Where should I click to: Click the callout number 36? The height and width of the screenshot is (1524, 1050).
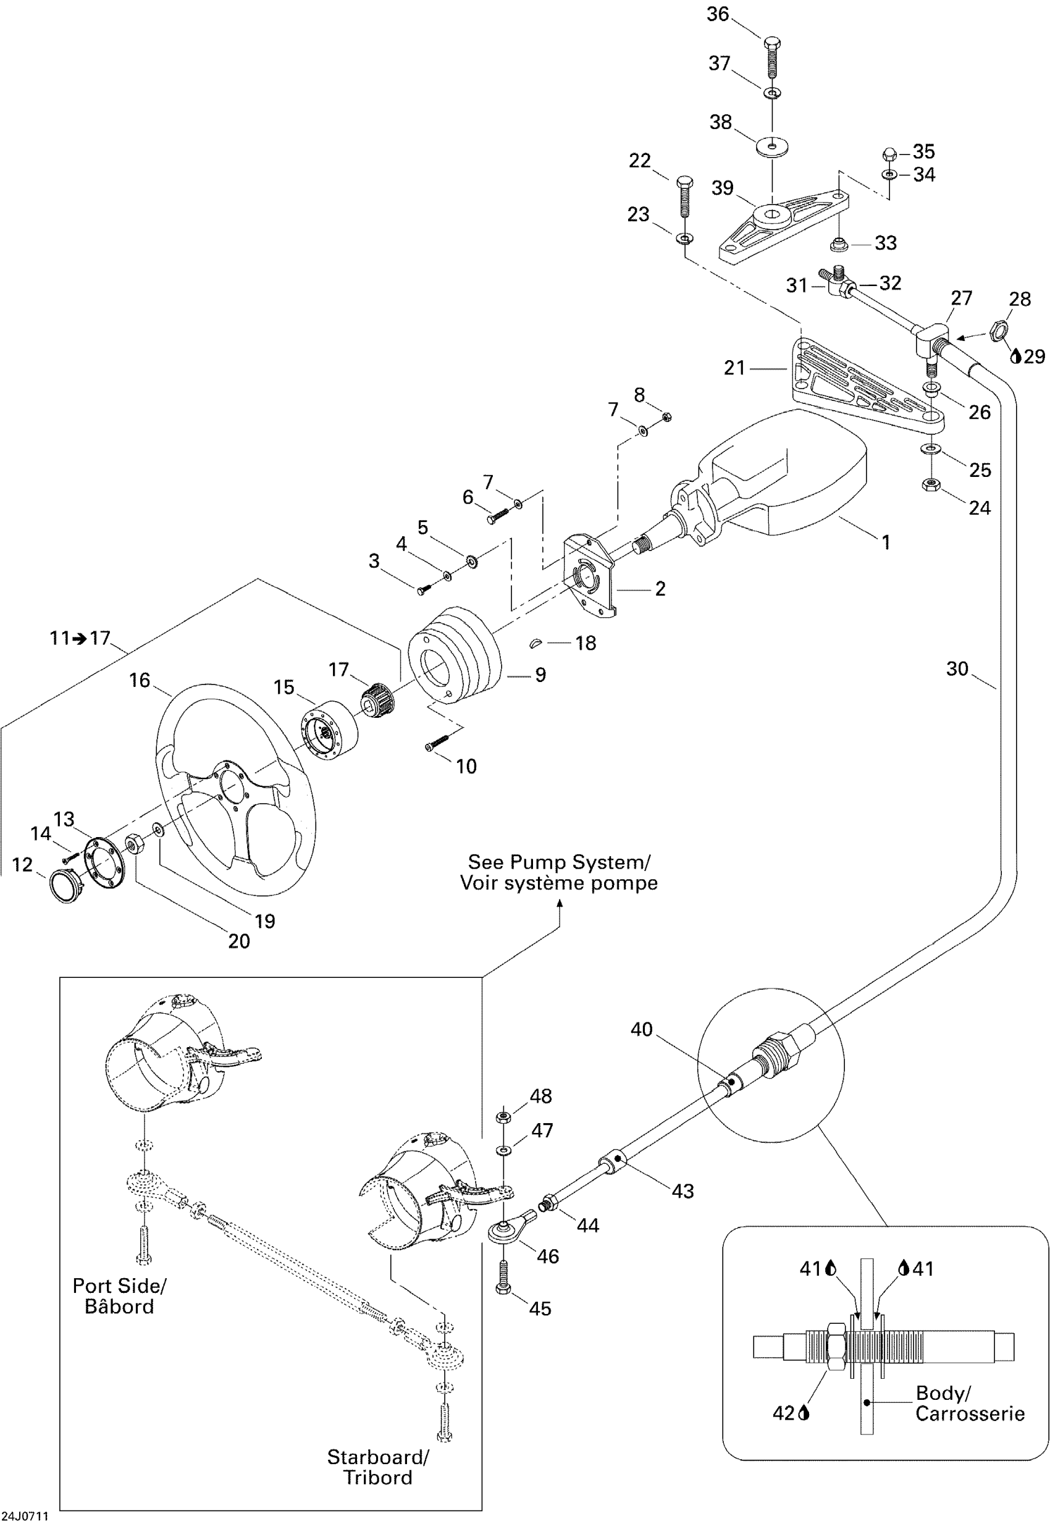[x=718, y=14]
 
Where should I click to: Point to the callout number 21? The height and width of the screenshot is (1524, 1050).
[x=734, y=367]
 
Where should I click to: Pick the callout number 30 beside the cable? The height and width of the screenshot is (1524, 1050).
[x=957, y=668]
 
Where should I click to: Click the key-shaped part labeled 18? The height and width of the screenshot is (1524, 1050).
[x=537, y=642]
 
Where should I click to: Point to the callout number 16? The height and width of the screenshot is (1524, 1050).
[x=140, y=680]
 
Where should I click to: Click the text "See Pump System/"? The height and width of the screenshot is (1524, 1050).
[x=558, y=862]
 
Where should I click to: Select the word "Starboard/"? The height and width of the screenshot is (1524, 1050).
[x=377, y=1456]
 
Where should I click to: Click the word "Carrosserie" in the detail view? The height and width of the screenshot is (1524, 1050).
[x=970, y=1413]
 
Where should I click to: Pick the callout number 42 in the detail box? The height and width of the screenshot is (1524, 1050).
[x=784, y=1413]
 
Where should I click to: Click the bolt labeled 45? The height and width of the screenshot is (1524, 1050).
[x=503, y=1278]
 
